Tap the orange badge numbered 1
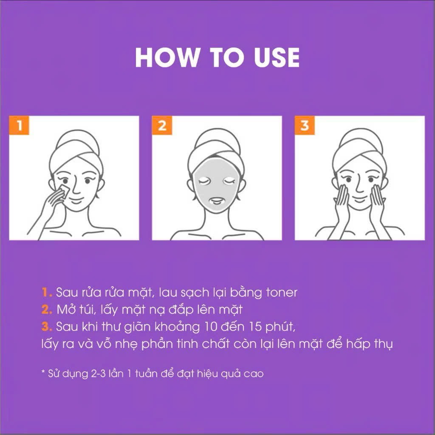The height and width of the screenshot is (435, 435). (19, 126)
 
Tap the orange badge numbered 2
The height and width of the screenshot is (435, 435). (162, 126)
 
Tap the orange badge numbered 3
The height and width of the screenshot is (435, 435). (305, 126)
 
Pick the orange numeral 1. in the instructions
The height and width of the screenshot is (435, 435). (47, 293)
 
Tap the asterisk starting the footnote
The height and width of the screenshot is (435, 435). (43, 373)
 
